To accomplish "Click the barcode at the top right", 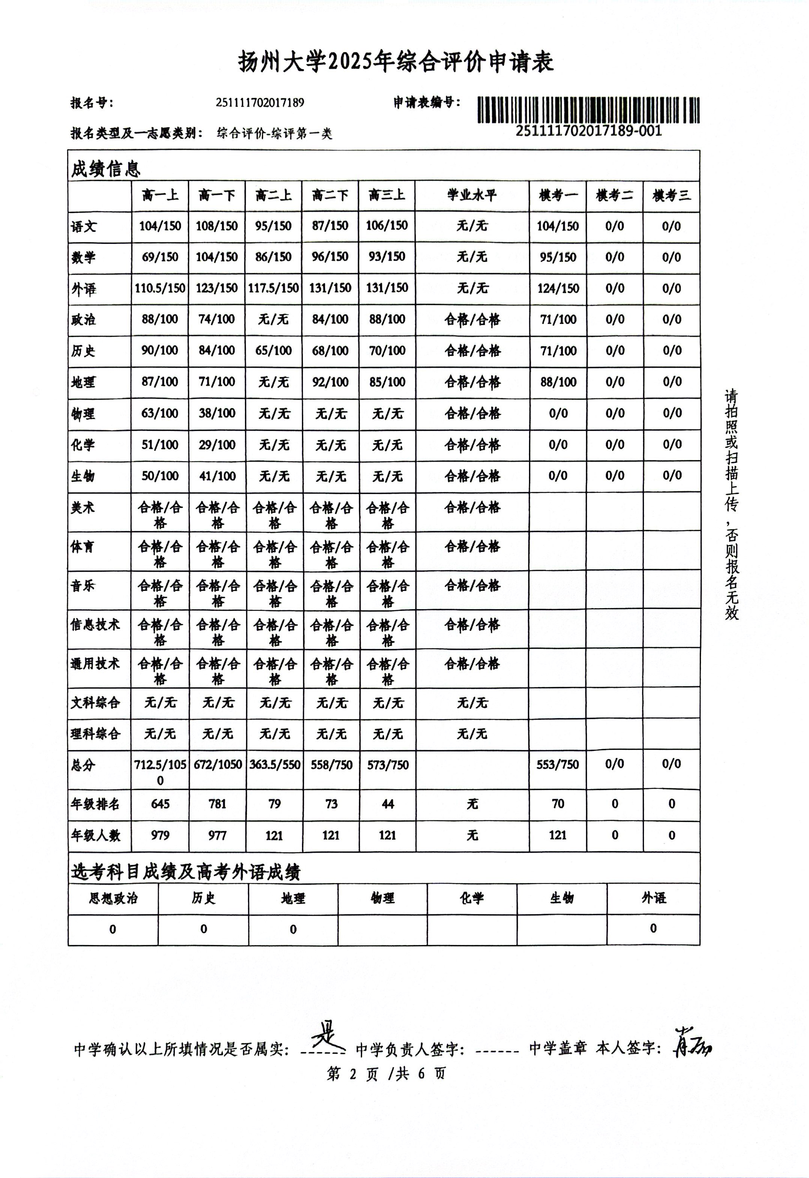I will click(x=588, y=110).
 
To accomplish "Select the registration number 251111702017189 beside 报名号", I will click(x=260, y=103).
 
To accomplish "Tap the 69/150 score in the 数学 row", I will click(x=160, y=257).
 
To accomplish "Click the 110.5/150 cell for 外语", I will click(x=160, y=288).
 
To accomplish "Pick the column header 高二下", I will click(x=330, y=196).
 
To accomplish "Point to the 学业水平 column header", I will click(x=472, y=196).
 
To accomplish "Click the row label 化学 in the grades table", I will click(x=83, y=445).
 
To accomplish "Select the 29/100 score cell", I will click(x=217, y=445).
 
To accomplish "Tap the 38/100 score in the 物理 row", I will click(x=217, y=414).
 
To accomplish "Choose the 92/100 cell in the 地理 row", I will click(x=330, y=382).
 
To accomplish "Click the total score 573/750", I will click(x=388, y=765).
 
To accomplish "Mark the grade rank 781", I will click(x=217, y=804).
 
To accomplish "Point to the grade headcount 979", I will click(x=160, y=835).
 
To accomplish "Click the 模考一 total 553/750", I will click(x=558, y=765).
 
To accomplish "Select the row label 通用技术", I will click(x=95, y=664).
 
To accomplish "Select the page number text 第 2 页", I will click(x=352, y=1074).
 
